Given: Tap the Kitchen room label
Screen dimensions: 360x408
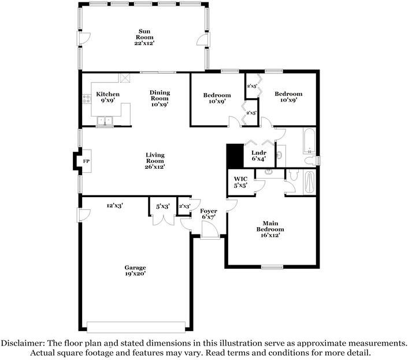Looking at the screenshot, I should pyautogui.click(x=108, y=97).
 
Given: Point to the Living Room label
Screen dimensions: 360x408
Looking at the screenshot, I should pyautogui.click(x=155, y=161).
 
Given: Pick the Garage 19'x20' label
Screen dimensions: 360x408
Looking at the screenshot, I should pyautogui.click(x=135, y=270).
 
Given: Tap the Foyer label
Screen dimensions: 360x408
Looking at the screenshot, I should pyautogui.click(x=208, y=214).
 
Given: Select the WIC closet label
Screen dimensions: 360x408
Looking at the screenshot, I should pyautogui.click(x=240, y=182).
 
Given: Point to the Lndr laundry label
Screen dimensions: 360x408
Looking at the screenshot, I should pyautogui.click(x=258, y=156).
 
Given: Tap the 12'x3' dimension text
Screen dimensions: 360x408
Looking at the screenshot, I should pyautogui.click(x=114, y=205).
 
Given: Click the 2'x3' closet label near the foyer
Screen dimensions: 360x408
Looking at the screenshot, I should pyautogui.click(x=184, y=206).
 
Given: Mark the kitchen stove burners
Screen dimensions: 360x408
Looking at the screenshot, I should pyautogui.click(x=87, y=99).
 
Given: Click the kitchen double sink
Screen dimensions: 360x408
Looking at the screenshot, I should pyautogui.click(x=105, y=121).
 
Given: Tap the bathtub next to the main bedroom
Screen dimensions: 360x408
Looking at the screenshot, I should pyautogui.click(x=310, y=183).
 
